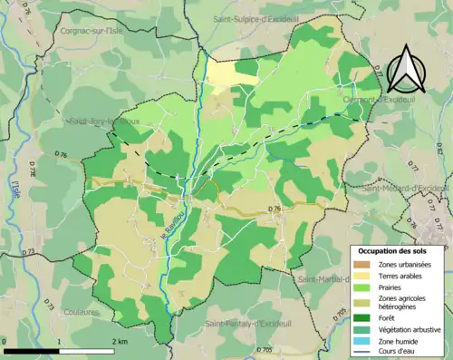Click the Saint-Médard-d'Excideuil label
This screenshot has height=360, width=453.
405,189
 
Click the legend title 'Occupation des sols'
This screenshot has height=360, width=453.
399,250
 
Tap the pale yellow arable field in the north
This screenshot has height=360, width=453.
233,73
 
